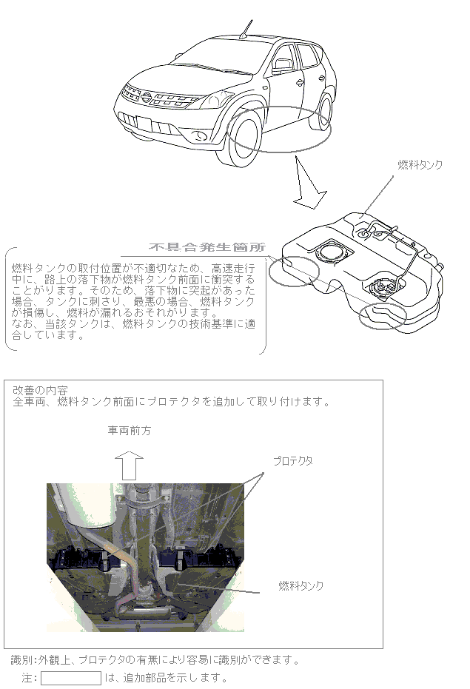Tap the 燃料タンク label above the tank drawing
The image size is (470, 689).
pos(420,165)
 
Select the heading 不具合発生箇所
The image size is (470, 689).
pos(212,247)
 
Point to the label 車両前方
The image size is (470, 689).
pos(130,430)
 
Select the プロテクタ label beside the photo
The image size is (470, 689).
pos(292,460)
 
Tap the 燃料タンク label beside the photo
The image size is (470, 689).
pos(301,586)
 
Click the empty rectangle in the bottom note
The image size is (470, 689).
pos(70,678)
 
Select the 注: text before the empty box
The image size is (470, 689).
pos(29,678)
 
